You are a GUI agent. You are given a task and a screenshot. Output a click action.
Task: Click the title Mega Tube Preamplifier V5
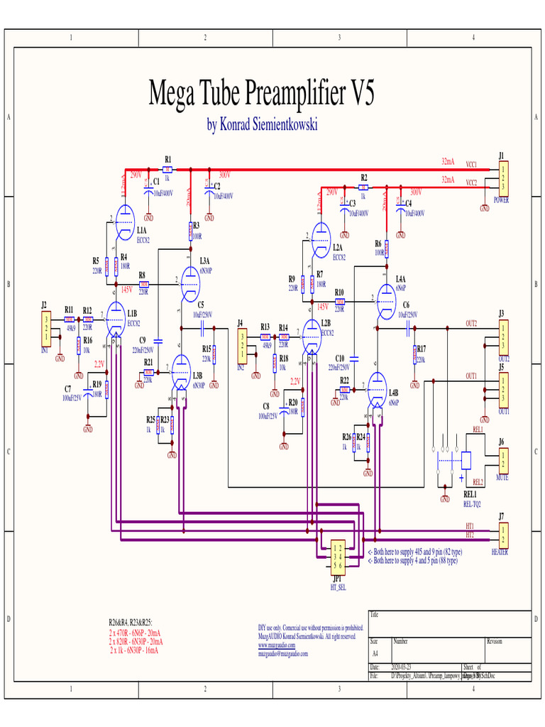(260, 92)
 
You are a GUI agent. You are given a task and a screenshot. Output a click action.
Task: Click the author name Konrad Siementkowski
(262, 126)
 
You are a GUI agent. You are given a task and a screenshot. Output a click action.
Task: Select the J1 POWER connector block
(503, 178)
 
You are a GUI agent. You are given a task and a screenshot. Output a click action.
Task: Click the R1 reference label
(167, 159)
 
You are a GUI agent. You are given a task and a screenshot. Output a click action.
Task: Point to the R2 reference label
(363, 177)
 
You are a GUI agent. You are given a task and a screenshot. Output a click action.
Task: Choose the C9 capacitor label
(142, 340)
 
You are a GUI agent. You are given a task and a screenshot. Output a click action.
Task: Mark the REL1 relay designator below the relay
(470, 495)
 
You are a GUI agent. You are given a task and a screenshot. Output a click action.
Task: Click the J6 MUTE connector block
(503, 459)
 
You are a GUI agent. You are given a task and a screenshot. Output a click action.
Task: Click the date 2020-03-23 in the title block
(402, 667)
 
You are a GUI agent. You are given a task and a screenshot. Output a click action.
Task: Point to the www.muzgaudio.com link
(277, 645)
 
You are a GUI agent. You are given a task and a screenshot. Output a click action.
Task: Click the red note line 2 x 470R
(135, 632)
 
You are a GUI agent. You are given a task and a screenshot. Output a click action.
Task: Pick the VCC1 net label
(471, 164)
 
